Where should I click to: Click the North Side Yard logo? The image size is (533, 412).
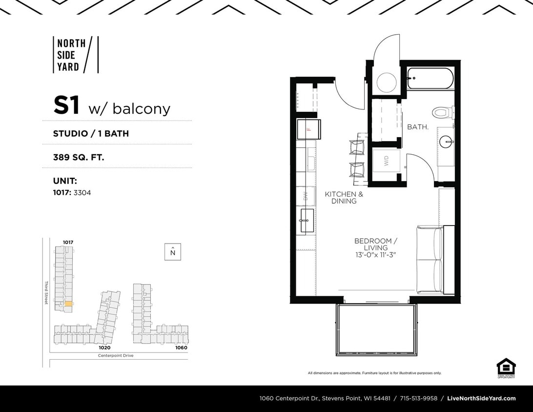click(x=75, y=55)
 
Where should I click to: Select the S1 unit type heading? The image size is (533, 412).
click(x=66, y=106)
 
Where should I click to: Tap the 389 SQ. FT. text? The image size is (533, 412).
click(x=79, y=157)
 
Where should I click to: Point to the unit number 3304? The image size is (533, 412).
click(x=82, y=193)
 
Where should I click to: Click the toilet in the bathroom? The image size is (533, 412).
click(x=442, y=113)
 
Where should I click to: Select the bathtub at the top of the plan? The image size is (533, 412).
click(x=430, y=79)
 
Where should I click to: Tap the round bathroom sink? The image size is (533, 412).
click(x=446, y=142)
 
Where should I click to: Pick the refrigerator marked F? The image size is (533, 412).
click(x=308, y=129)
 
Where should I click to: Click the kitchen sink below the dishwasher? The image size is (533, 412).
click(x=307, y=220)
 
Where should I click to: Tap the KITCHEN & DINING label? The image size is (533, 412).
click(x=344, y=197)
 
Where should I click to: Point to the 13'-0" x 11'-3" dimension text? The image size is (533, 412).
click(x=375, y=255)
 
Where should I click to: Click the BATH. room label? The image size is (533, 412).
click(x=418, y=127)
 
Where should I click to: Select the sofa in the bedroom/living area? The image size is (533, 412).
click(x=430, y=260)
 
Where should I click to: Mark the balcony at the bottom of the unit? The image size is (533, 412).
click(x=375, y=330)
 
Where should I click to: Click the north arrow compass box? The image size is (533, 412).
click(x=172, y=252)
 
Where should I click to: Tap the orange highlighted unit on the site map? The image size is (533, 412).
click(x=69, y=304)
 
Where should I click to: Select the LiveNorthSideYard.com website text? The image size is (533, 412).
click(x=481, y=398)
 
